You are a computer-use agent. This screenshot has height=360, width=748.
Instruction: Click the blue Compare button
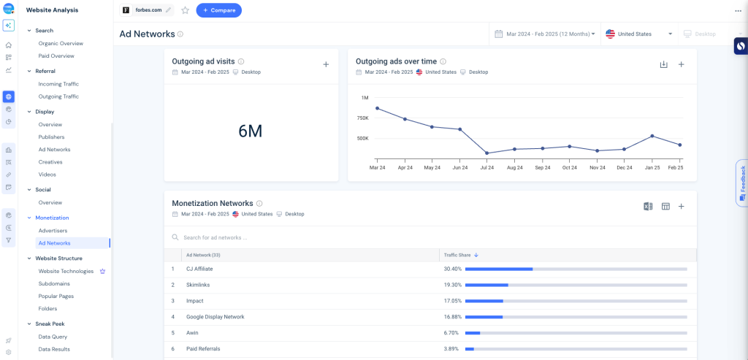click(218, 10)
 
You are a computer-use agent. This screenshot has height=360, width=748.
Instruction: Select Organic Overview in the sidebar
click(61, 43)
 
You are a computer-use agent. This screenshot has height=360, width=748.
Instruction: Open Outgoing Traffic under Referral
click(58, 96)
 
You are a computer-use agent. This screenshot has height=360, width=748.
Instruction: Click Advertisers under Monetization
click(53, 231)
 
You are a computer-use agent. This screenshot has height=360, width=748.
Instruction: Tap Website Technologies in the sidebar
click(66, 271)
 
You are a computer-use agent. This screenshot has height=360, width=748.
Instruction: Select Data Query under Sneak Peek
click(53, 337)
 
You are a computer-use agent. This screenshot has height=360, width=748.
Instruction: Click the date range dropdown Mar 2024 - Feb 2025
click(545, 34)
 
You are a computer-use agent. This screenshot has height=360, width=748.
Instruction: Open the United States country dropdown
click(639, 34)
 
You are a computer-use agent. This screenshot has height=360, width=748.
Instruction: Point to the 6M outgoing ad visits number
click(250, 131)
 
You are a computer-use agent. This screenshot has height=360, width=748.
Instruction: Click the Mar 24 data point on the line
click(377, 108)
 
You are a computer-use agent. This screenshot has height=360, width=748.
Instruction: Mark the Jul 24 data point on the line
click(486, 153)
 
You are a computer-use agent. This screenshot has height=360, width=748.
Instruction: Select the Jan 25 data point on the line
click(652, 136)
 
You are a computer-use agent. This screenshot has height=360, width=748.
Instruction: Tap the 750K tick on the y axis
click(362, 118)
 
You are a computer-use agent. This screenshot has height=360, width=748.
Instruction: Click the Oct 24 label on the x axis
click(569, 167)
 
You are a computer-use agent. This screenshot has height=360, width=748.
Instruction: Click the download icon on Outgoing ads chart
click(663, 64)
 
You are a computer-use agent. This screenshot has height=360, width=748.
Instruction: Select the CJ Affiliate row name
click(199, 269)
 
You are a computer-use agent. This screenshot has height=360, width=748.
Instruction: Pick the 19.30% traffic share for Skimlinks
click(452, 285)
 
